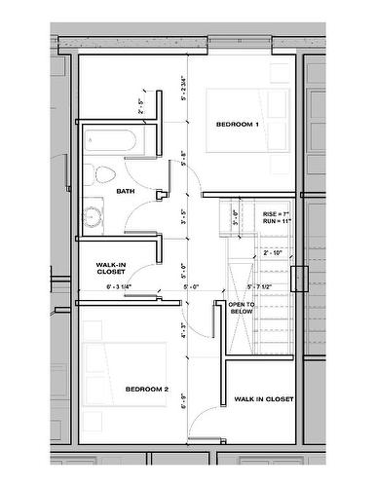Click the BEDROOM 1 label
click(238, 125)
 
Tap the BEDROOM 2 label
click(147, 390)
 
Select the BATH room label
click(125, 191)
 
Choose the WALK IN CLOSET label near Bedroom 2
click(263, 399)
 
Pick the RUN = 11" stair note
click(277, 222)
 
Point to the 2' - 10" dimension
click(275, 252)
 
